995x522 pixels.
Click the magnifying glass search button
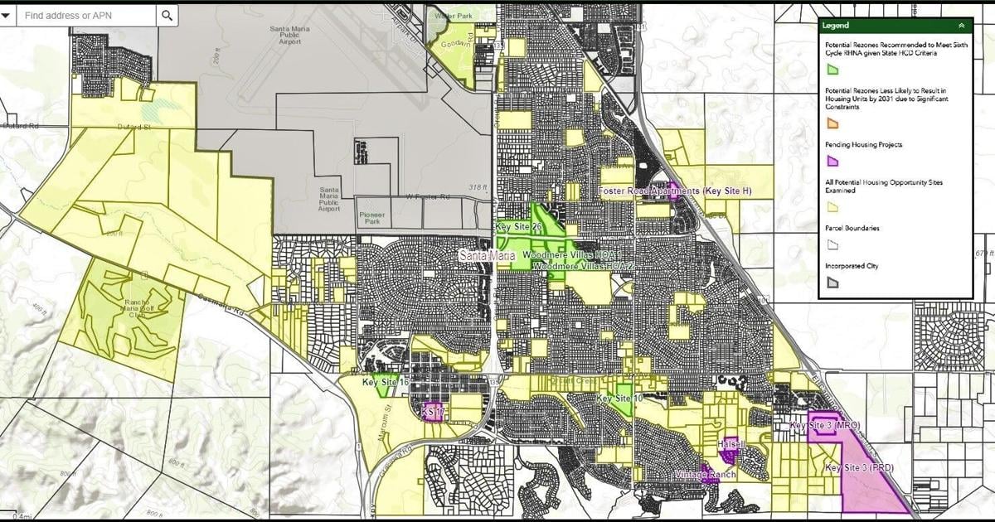167,15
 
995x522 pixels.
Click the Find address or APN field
87,15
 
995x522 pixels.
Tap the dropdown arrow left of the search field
6,15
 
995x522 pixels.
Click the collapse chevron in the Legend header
961,26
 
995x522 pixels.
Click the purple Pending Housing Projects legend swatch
832,162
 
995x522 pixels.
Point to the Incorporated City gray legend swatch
832,283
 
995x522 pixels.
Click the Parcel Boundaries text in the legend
852,228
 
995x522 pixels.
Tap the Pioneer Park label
372,219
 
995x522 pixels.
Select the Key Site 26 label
518,226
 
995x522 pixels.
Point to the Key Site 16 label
386,383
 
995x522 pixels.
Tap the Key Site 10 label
619,399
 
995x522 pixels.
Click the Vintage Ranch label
705,475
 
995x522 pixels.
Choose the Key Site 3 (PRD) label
858,468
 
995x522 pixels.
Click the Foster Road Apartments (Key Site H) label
675,191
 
